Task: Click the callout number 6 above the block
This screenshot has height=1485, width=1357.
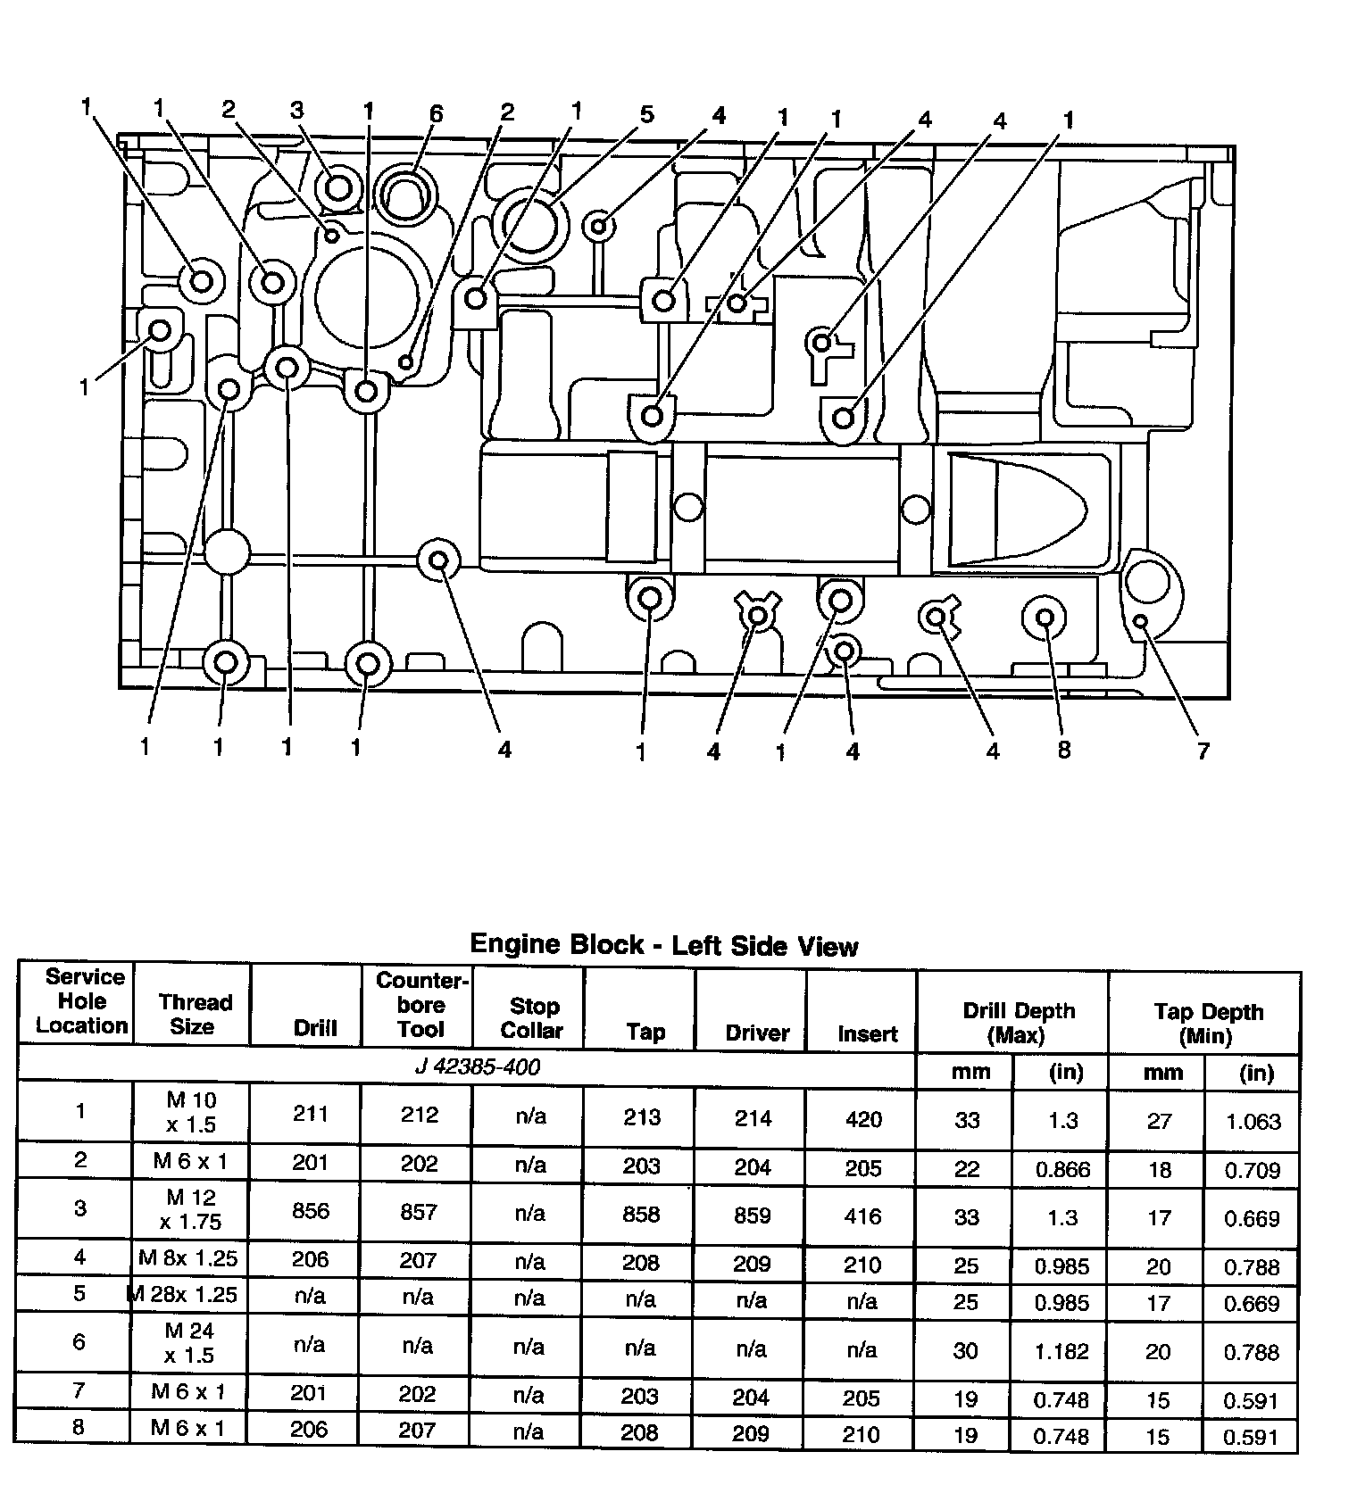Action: (436, 113)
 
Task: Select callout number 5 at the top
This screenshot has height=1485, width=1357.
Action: (647, 114)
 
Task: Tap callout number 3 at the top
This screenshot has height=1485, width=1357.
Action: (296, 110)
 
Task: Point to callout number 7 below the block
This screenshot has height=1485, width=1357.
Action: (1203, 751)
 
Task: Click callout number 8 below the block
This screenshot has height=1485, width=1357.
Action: (1063, 751)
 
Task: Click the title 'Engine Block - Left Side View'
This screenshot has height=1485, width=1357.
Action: (663, 944)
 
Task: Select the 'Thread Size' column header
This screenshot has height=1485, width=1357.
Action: (194, 1014)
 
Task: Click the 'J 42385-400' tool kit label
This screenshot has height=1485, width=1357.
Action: (478, 1067)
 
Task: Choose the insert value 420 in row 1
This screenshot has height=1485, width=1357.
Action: (863, 1119)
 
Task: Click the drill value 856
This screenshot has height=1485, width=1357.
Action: (310, 1211)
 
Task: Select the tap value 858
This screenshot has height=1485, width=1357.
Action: (642, 1215)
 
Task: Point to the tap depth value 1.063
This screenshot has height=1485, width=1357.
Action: (1253, 1122)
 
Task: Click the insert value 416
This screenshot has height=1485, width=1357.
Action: (863, 1216)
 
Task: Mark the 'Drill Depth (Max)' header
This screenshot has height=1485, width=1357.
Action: (1018, 1023)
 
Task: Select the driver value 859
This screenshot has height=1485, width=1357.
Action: (752, 1215)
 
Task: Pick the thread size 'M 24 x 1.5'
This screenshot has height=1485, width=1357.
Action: (190, 1343)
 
